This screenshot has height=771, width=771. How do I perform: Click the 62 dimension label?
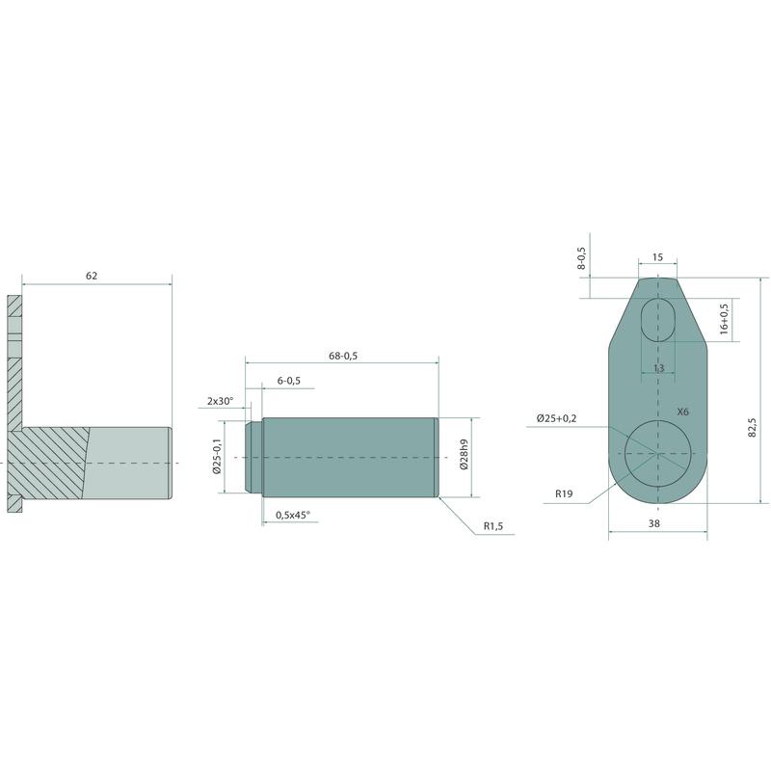coord(92,276)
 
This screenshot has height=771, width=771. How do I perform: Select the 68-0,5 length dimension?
coord(343,356)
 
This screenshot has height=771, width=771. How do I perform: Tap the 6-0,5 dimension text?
coord(288,381)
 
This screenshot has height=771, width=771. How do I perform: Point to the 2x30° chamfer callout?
coord(220,401)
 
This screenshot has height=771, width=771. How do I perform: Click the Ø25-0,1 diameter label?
coord(218,457)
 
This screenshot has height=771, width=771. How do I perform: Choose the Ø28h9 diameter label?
coord(464,453)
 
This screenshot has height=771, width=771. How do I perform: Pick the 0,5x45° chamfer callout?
coord(293,515)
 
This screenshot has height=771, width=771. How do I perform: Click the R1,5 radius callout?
coord(493,526)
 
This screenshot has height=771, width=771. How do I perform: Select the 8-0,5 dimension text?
coord(582,257)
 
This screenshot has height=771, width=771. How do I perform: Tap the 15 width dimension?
coord(657,256)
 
